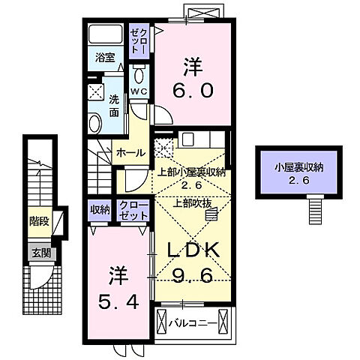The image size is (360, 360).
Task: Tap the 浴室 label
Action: pyautogui.click(x=104, y=57)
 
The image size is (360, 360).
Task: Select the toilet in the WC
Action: pyautogui.click(x=139, y=76)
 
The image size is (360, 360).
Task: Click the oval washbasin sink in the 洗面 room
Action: pyautogui.click(x=95, y=122)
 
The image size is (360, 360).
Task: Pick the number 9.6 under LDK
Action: pyautogui.click(x=191, y=275)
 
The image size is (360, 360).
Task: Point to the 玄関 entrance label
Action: pyautogui.click(x=41, y=253)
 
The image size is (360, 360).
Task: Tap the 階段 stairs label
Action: pyautogui.click(x=39, y=222)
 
